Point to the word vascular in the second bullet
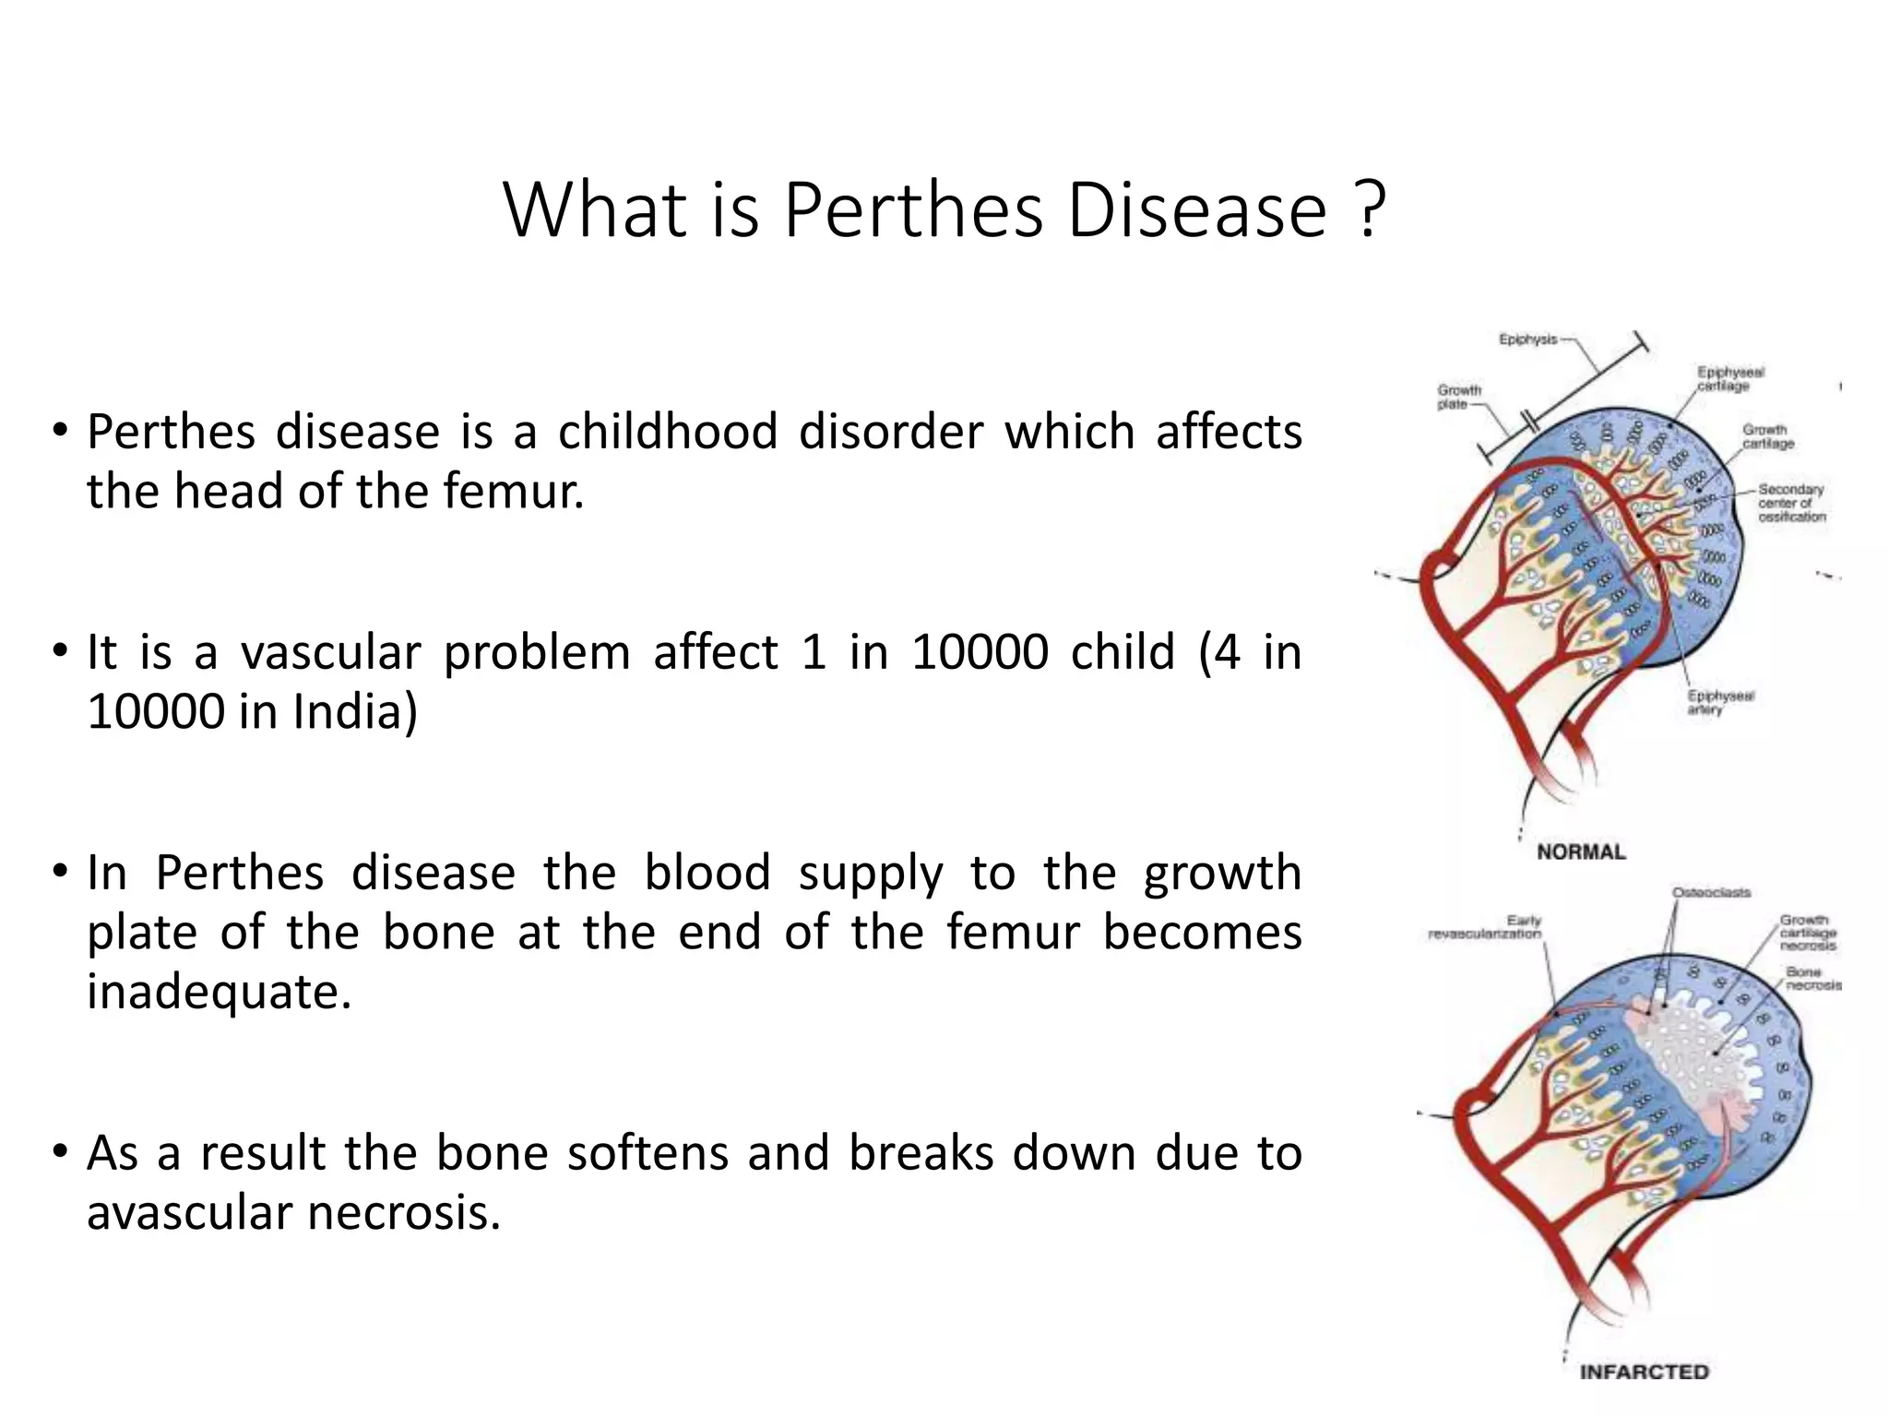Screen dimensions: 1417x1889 pos(330,652)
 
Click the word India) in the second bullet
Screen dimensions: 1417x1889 pos(355,712)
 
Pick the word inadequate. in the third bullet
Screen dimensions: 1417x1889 pos(220,992)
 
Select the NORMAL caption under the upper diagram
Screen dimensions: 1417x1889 pos(1581,851)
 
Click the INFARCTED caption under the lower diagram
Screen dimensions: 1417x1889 pos(1644,1372)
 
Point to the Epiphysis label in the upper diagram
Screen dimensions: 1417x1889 pos(1527,339)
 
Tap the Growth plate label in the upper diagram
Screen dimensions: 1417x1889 pos(1458,397)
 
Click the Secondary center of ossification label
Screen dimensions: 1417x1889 pos(1790,503)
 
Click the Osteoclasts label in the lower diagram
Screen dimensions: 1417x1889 pos(1711,892)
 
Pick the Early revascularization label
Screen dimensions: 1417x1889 pos(1485,927)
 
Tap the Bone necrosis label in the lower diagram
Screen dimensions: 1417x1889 pos(1812,978)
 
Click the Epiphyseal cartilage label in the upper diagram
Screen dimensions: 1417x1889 pos(1730,378)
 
